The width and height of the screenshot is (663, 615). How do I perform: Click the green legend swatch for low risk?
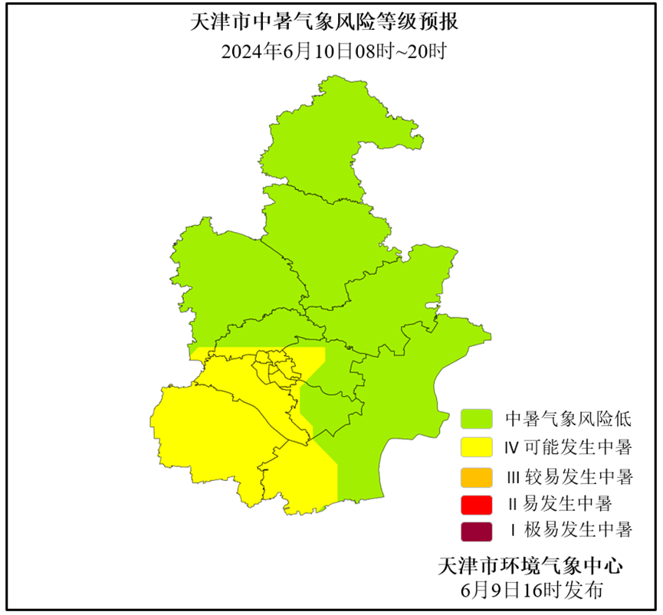[x=476, y=418]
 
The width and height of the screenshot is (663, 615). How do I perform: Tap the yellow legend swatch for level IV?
[x=476, y=447]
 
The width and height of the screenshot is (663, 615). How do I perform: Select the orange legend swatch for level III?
[x=476, y=476]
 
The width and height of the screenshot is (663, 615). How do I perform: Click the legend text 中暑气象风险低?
[x=567, y=419]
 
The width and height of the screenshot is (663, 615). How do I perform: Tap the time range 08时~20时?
[x=400, y=52]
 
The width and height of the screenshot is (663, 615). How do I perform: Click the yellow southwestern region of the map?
[x=222, y=429]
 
